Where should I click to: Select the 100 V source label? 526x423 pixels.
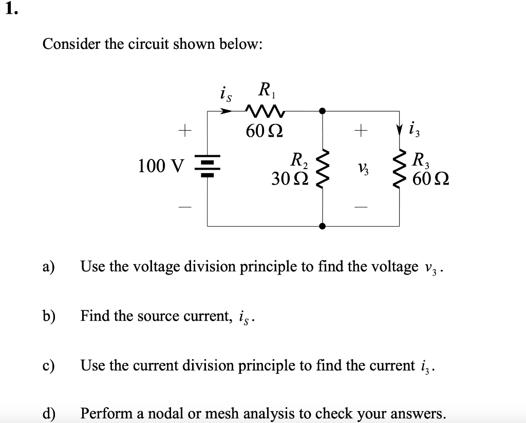[160, 166]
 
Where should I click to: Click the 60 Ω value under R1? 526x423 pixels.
[263, 132]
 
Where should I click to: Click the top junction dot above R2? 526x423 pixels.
[322, 110]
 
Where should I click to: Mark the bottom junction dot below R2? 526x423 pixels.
[322, 226]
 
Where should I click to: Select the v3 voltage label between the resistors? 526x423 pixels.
[362, 167]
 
